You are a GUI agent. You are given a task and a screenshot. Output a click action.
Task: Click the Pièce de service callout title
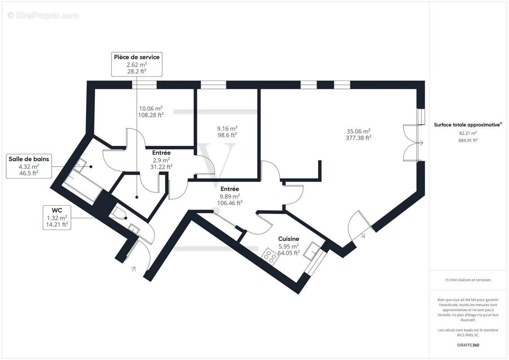click(x=136, y=57)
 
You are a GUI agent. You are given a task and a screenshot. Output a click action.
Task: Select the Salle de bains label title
click(x=29, y=158)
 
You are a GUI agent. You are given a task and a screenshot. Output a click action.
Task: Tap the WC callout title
click(x=57, y=210)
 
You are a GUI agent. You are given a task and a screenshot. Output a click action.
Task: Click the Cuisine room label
click(x=288, y=239)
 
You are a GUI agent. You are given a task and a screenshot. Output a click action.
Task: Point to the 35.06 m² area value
click(x=358, y=131)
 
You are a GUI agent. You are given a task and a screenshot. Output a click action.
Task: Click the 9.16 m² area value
click(x=227, y=128)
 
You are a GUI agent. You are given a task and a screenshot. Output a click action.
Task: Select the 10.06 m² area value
click(x=151, y=108)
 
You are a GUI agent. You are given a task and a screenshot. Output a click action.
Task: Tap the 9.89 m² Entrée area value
click(x=230, y=196)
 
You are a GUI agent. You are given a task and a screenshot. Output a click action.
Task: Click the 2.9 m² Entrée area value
click(x=161, y=160)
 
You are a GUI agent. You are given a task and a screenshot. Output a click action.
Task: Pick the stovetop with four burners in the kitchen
click(x=270, y=257)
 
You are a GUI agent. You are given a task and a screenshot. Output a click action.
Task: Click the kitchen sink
click(x=311, y=250)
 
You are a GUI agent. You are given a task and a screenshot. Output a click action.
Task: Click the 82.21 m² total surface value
click(x=468, y=133)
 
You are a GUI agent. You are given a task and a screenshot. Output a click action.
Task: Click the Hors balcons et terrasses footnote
click(x=468, y=280)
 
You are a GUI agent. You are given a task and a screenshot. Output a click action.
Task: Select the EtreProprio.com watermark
click(x=43, y=16)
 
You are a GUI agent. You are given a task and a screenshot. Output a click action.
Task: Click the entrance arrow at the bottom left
click(x=133, y=269)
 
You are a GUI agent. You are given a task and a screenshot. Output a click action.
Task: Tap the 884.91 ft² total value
click(x=468, y=140)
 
